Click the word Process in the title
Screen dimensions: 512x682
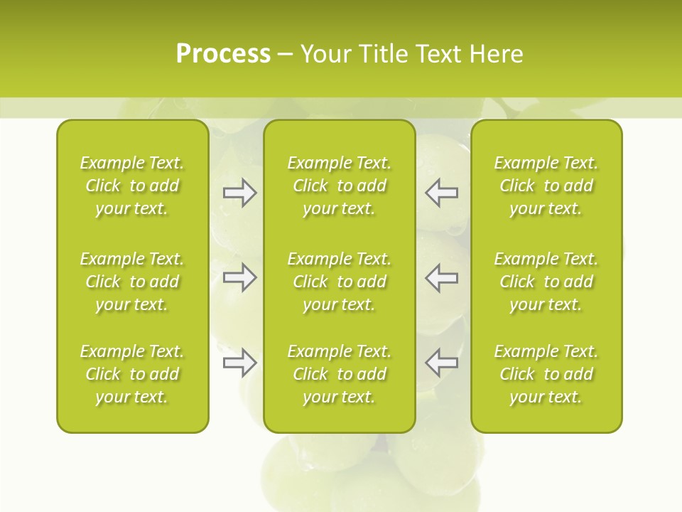pyautogui.click(x=223, y=54)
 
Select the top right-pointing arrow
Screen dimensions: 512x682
pyautogui.click(x=240, y=193)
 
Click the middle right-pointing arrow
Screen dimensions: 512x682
pyautogui.click(x=240, y=277)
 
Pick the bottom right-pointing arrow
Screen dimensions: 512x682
pyautogui.click(x=240, y=363)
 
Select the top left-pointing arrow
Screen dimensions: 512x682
pyautogui.click(x=442, y=193)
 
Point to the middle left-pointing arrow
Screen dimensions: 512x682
pyautogui.click(x=442, y=277)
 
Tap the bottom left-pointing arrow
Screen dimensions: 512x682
pyautogui.click(x=442, y=363)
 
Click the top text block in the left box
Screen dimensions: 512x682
pyautogui.click(x=132, y=186)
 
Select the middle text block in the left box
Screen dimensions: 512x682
pyautogui.click(x=132, y=282)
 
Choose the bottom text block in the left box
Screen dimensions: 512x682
pyautogui.click(x=132, y=374)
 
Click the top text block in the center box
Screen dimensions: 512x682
pyautogui.click(x=340, y=186)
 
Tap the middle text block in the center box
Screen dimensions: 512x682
pyautogui.click(x=340, y=282)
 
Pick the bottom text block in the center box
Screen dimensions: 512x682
pyautogui.click(x=340, y=374)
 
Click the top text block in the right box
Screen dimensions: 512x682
pyautogui.click(x=546, y=186)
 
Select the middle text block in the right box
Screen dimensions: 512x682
pyautogui.click(x=546, y=282)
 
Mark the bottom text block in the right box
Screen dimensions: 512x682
pyautogui.click(x=546, y=374)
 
